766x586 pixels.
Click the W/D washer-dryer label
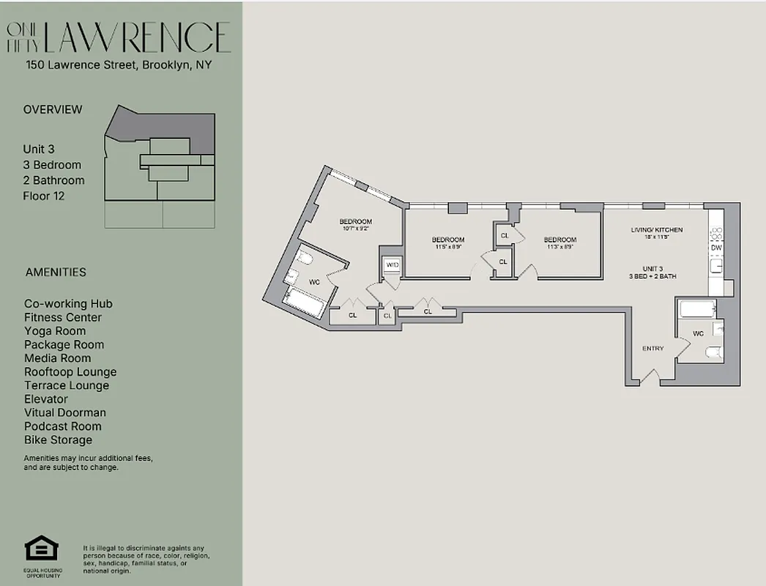392,264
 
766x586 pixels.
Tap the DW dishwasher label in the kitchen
715,248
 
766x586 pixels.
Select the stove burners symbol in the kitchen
715,233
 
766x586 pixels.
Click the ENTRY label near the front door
652,349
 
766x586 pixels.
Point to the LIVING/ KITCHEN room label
656,230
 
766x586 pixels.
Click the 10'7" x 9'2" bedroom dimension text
355,229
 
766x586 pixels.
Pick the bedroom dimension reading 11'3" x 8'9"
559,247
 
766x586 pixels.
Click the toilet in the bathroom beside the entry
712,354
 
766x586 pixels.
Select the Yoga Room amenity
55,331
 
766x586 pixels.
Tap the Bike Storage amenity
58,439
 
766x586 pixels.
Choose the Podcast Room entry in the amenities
63,426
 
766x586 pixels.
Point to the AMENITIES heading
56,272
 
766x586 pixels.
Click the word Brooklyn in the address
166,64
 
